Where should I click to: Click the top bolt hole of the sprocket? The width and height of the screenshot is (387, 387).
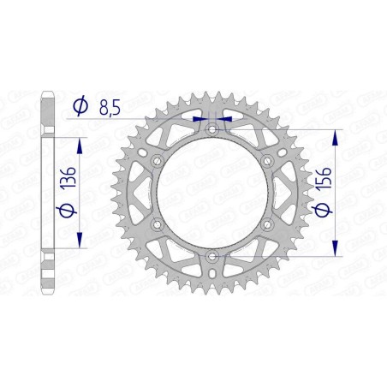click(x=211, y=128)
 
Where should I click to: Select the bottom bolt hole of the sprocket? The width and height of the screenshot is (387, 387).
click(x=211, y=256)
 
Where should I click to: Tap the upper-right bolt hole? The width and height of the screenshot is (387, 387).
click(x=267, y=160)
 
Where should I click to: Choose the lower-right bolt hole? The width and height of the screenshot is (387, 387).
click(x=267, y=224)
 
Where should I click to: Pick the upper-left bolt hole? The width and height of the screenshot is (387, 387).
click(x=156, y=160)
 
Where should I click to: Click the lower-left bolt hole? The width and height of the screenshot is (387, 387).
click(x=156, y=224)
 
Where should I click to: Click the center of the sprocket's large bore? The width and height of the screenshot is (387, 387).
click(x=211, y=193)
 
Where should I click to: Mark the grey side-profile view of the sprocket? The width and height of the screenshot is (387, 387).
click(x=49, y=193)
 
